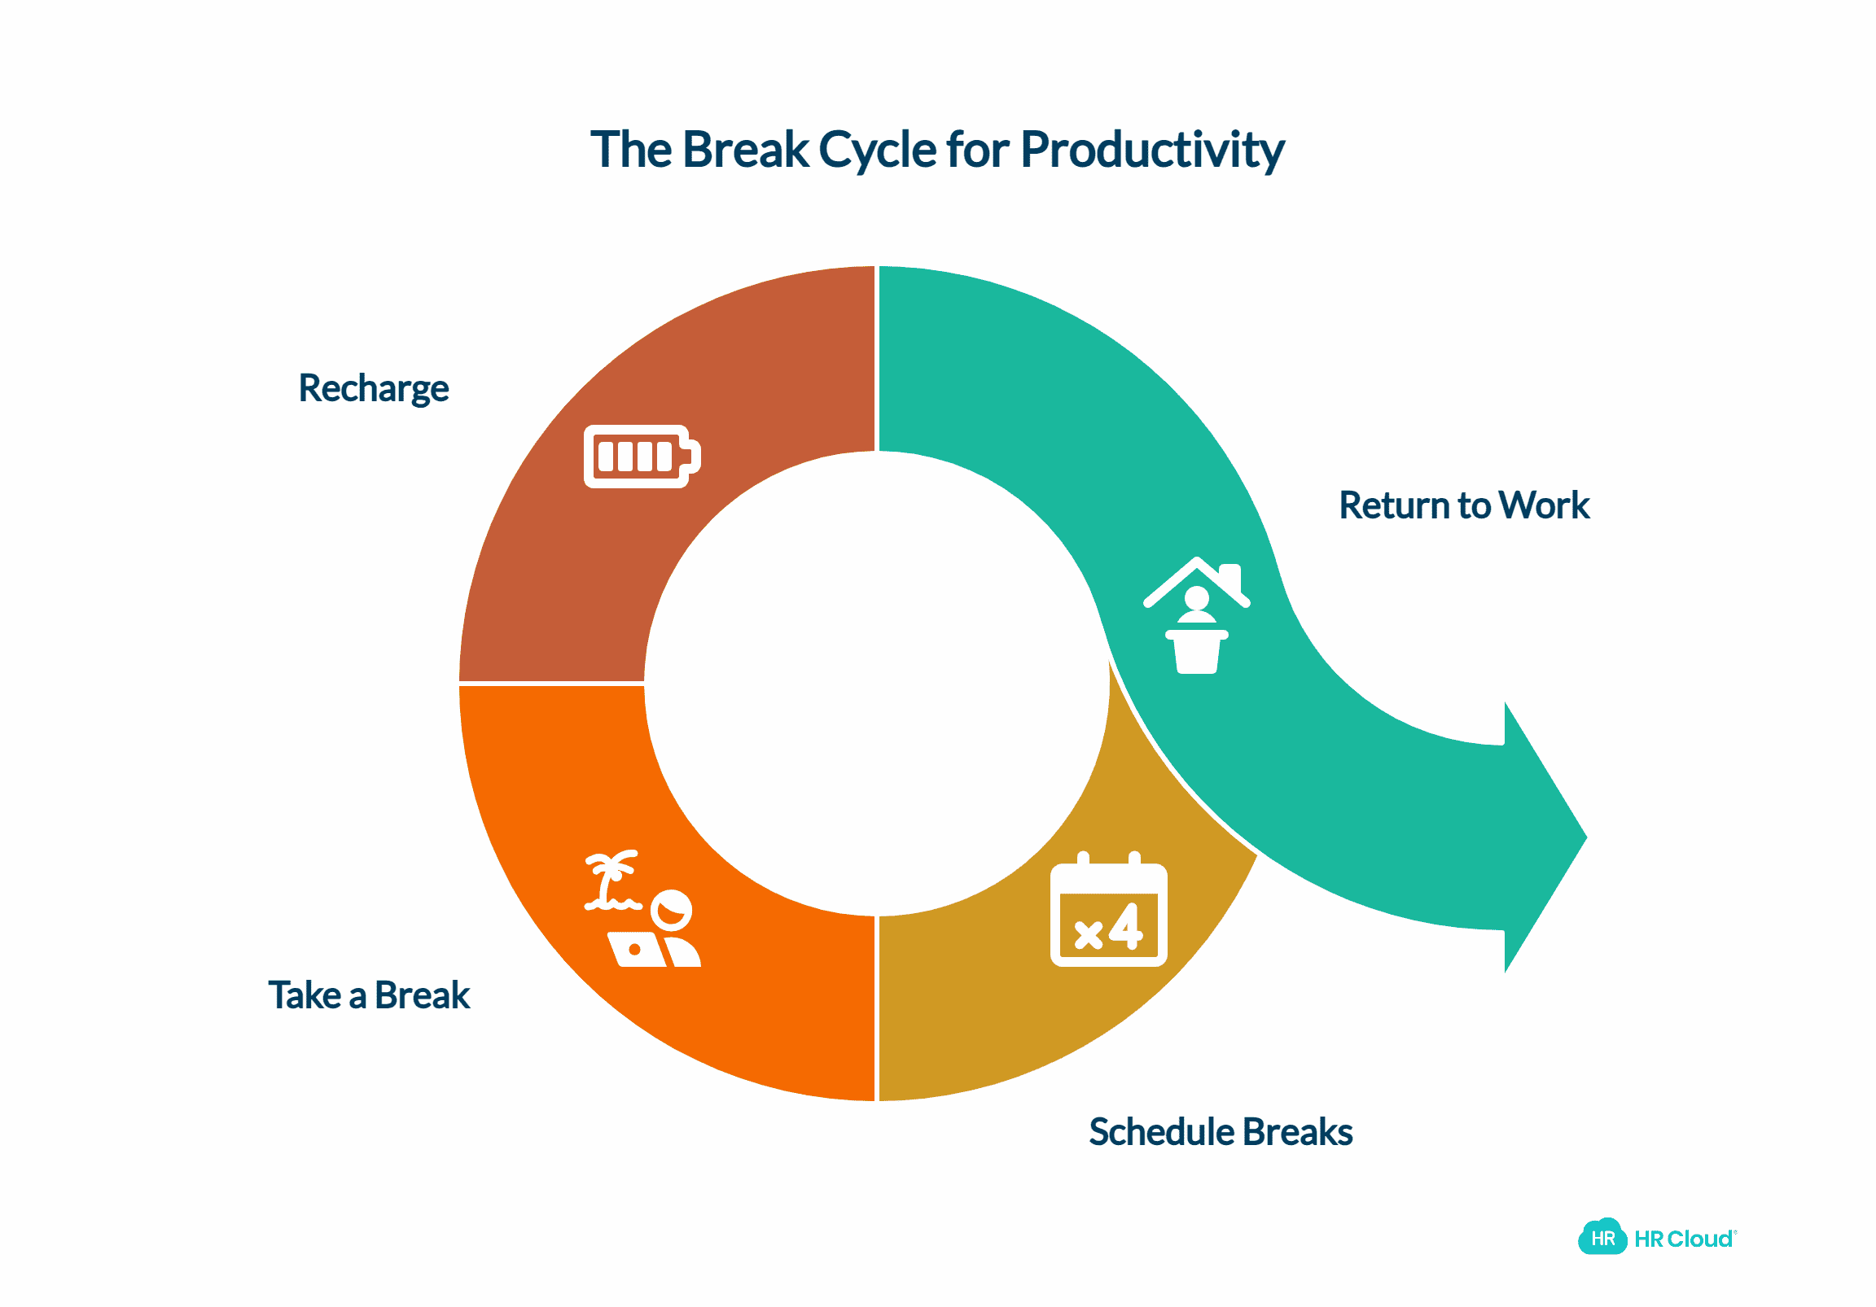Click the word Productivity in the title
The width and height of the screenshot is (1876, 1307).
(1152, 151)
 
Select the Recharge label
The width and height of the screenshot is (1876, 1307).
(374, 389)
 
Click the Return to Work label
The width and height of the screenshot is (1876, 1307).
(1463, 505)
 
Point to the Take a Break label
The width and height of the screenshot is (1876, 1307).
(369, 996)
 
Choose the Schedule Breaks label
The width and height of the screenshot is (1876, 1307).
(1221, 1132)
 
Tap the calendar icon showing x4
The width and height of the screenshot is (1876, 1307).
(1108, 912)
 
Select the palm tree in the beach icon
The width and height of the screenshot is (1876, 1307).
(609, 879)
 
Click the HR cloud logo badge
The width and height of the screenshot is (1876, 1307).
(1602, 1239)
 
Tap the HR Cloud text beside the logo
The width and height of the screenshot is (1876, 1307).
(1683, 1239)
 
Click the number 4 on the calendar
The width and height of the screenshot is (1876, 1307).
(1126, 927)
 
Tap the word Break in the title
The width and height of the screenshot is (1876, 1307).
(745, 151)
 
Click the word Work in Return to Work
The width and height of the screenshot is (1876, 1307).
(1545, 505)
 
